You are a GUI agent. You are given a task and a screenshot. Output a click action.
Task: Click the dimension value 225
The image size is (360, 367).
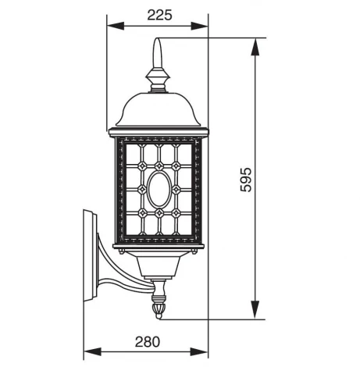(x=159, y=13)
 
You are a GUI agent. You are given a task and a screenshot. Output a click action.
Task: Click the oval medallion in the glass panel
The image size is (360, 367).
(x=159, y=189)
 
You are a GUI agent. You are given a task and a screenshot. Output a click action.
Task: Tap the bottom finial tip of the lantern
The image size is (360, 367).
(x=160, y=315)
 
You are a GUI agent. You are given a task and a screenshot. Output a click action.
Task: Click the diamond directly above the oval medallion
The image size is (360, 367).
(x=159, y=166)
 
